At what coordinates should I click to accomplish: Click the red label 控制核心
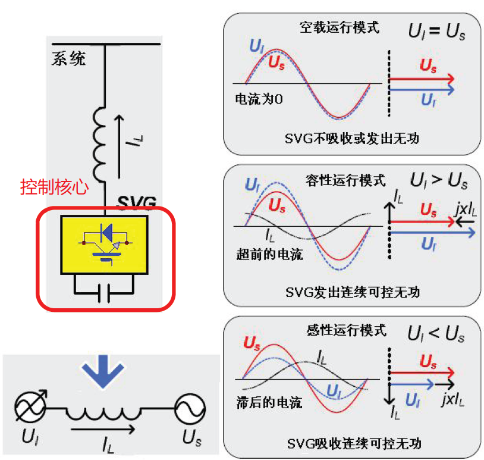[54, 187]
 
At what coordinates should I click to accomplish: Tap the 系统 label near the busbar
[68, 58]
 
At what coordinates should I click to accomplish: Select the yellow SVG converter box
[104, 244]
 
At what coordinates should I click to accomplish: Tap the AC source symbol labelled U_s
[190, 409]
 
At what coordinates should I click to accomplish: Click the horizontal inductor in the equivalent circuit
[105, 412]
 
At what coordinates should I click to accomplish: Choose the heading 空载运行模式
[341, 28]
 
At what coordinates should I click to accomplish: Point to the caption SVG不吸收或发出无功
[352, 139]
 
